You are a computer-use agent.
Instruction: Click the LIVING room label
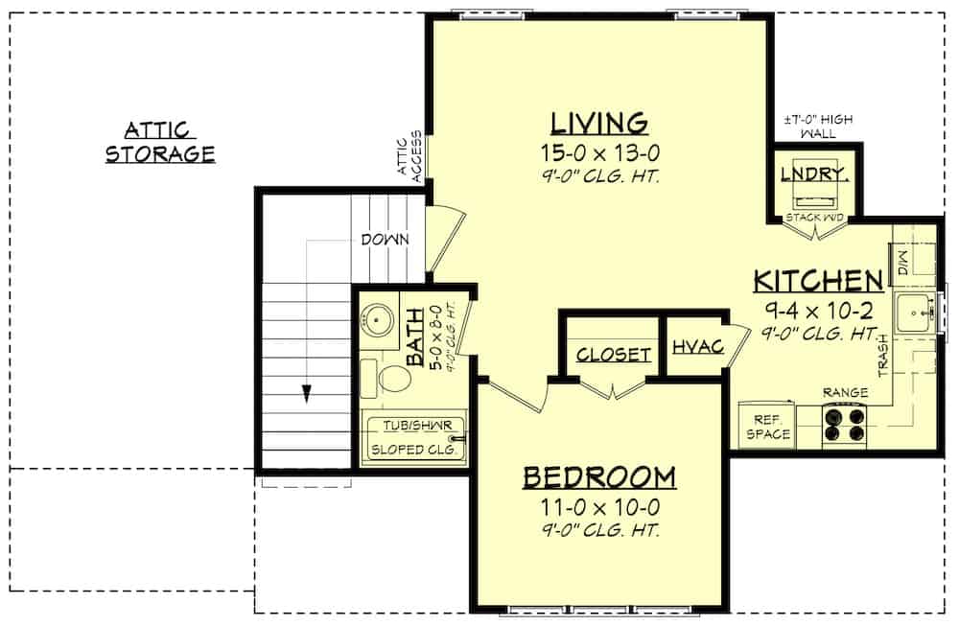[599, 123]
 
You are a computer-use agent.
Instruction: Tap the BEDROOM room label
[599, 476]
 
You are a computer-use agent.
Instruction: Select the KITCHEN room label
[817, 280]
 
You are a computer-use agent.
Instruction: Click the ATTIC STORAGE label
[159, 142]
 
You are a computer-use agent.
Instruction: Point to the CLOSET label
[614, 355]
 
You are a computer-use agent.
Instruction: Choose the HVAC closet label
[697, 347]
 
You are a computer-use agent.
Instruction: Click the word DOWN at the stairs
[386, 240]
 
